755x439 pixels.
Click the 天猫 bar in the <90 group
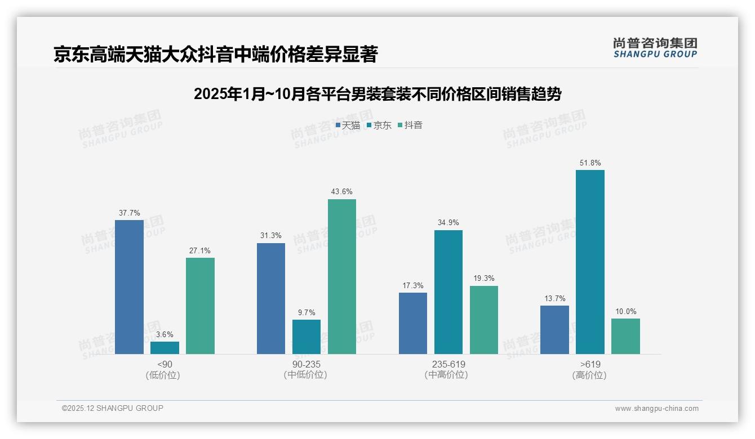(129, 287)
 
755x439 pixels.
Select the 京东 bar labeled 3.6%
(165, 348)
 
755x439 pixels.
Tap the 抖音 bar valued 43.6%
(342, 276)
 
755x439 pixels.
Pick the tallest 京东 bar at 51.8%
(590, 262)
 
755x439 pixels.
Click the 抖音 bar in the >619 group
(625, 336)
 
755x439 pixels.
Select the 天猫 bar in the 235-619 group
(413, 323)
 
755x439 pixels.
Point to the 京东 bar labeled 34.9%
(448, 292)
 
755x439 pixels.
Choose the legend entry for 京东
(379, 126)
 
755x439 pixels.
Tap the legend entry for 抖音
(410, 126)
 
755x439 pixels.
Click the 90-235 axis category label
(306, 364)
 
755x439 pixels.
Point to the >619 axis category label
(589, 364)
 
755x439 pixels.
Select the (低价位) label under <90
(163, 375)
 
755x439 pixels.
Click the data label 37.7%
(129, 213)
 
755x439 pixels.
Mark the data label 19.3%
(484, 279)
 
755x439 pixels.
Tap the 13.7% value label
(554, 299)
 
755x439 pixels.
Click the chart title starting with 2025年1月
(377, 94)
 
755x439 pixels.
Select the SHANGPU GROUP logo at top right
(655, 48)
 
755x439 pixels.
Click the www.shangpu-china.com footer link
(656, 409)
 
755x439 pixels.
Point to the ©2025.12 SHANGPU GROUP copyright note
(113, 408)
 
